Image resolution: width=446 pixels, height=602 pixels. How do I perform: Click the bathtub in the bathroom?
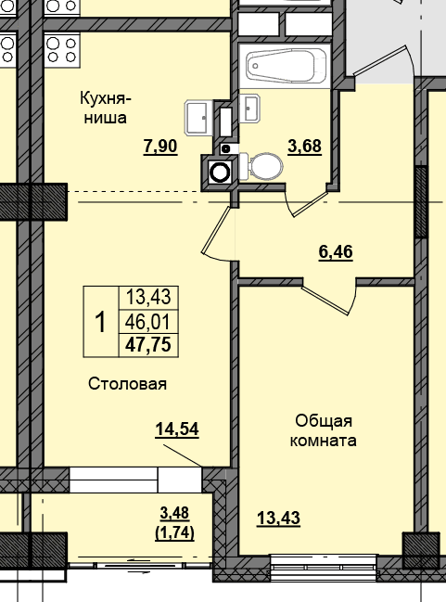pyautogui.click(x=285, y=66)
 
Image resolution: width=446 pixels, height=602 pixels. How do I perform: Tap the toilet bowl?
pyautogui.click(x=261, y=166)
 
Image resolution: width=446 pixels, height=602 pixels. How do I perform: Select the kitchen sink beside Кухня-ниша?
pyautogui.click(x=198, y=118)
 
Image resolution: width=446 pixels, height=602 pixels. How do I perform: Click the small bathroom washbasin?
pyautogui.click(x=249, y=109)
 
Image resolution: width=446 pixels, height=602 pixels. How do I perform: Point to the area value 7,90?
pyautogui.click(x=160, y=147)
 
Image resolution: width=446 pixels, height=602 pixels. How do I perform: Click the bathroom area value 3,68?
pyautogui.click(x=305, y=147)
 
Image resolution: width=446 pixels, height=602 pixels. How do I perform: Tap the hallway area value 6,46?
pyautogui.click(x=336, y=252)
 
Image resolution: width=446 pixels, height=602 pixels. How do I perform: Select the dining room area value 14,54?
pyautogui.click(x=177, y=429)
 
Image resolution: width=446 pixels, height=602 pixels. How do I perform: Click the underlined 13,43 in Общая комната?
pyautogui.click(x=279, y=518)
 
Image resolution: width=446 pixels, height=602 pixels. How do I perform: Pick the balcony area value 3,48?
pyautogui.click(x=174, y=513)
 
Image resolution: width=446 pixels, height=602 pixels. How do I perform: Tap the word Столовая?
pyautogui.click(x=127, y=383)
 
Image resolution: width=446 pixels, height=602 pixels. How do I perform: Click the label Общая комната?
pyautogui.click(x=324, y=430)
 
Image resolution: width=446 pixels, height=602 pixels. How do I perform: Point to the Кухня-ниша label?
pyautogui.click(x=105, y=108)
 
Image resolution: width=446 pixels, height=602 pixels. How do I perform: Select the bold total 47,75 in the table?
pyautogui.click(x=148, y=344)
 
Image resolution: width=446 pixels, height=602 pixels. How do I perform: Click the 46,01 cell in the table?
pyautogui.click(x=148, y=322)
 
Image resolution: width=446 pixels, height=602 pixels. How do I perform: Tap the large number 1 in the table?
pyautogui.click(x=100, y=322)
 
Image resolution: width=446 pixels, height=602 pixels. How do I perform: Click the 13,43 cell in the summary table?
pyautogui.click(x=148, y=297)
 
